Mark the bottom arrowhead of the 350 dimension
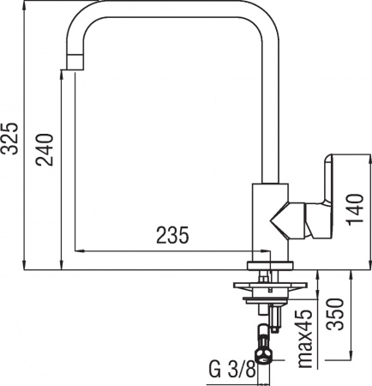tap(351, 354)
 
